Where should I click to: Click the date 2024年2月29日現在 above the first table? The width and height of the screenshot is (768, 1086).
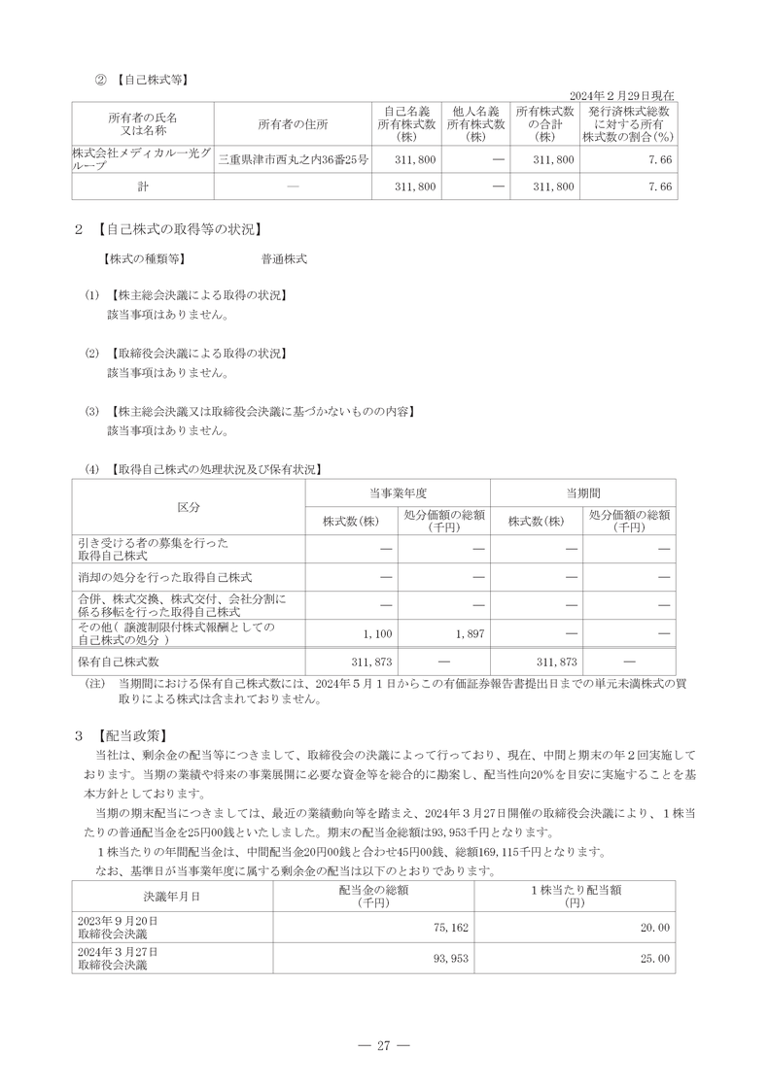pos(620,95)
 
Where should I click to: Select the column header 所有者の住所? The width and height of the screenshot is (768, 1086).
pos(293,124)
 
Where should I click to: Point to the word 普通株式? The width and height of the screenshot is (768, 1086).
pos(284,259)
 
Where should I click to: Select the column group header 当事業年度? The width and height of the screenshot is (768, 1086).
pos(398,492)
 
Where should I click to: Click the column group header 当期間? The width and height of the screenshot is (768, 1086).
pos(582,492)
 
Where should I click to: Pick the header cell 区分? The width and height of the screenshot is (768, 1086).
pos(189,508)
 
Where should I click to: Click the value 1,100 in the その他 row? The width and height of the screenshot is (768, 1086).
pos(376,633)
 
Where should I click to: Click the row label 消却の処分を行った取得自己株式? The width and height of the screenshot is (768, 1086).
pos(165,577)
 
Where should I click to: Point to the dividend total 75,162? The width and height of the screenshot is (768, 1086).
pos(451,928)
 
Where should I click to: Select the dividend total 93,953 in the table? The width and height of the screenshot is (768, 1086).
pos(451,959)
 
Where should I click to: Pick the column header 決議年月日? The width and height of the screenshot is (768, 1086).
pos(172,896)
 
